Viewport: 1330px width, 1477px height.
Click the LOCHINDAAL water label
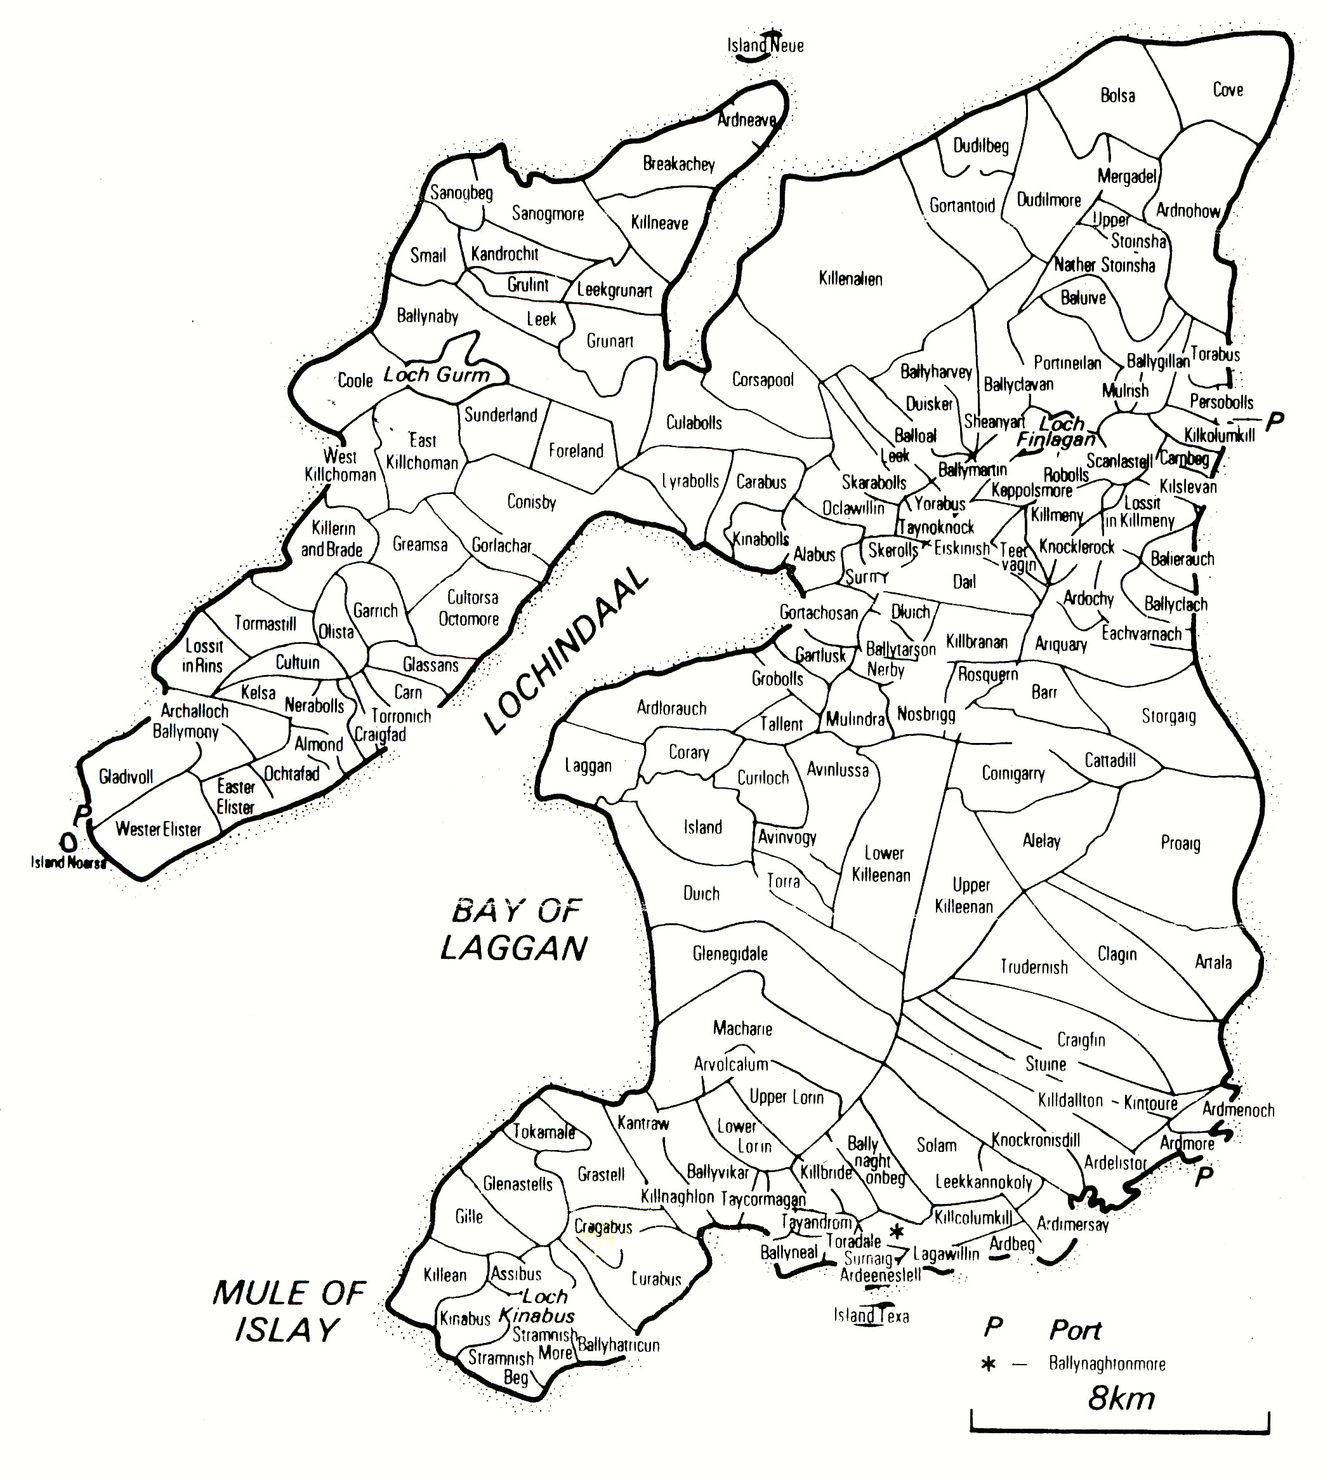(x=567, y=650)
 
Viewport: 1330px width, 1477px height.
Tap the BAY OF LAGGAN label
(x=515, y=930)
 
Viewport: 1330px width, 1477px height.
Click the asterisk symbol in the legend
(x=989, y=1365)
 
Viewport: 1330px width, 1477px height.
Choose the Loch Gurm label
(x=437, y=375)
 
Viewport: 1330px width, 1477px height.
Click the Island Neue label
(x=765, y=45)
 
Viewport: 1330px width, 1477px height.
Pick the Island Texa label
(x=871, y=1316)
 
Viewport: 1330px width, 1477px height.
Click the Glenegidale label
(x=730, y=954)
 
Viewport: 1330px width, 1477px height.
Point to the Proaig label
(x=1180, y=843)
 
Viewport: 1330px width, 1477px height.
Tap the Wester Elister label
(x=158, y=829)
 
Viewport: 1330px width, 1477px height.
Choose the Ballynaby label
(x=428, y=316)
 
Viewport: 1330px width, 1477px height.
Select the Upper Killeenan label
(x=964, y=896)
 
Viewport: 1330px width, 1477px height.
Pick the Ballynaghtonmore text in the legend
(x=1107, y=1364)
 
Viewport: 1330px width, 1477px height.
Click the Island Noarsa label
(x=68, y=863)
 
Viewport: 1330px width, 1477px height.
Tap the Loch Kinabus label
(x=539, y=1306)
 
